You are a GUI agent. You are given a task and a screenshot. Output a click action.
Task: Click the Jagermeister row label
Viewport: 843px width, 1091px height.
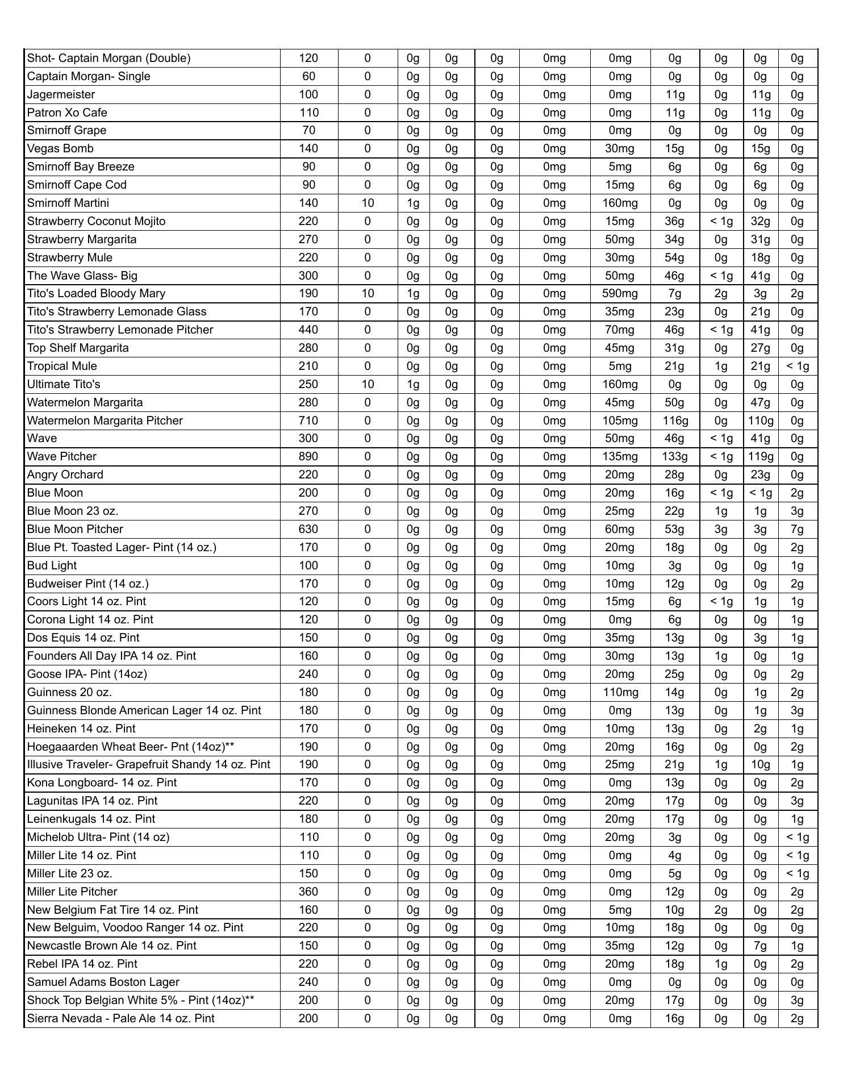[61, 94]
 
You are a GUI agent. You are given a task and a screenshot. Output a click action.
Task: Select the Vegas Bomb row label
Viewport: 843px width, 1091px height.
[60, 148]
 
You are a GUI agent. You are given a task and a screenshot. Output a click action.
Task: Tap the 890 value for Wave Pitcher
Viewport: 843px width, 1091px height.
[308, 456]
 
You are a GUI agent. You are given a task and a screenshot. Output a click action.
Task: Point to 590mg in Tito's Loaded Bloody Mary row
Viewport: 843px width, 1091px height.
[620, 293]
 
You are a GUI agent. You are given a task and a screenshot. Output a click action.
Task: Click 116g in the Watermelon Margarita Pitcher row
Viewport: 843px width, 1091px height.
[674, 420]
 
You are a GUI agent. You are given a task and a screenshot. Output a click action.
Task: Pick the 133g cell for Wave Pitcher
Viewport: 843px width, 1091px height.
[674, 456]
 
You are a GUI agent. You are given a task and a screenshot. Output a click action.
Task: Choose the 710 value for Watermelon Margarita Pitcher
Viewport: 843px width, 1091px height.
[308, 420]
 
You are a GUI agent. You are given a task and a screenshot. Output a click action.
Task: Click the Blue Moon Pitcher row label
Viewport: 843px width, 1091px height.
[75, 529]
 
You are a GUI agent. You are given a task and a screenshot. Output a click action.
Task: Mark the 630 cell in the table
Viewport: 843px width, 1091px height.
[308, 529]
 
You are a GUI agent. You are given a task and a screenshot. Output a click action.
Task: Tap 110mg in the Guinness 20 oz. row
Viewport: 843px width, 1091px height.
[620, 692]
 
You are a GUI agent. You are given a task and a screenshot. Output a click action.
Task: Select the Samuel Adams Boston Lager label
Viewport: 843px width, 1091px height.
[103, 982]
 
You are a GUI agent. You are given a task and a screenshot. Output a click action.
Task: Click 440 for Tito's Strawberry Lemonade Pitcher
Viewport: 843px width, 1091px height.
[308, 330]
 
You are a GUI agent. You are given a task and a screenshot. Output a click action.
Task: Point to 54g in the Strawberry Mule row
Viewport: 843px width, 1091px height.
[674, 257]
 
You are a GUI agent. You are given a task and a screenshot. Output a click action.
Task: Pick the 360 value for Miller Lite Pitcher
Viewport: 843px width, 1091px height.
[308, 892]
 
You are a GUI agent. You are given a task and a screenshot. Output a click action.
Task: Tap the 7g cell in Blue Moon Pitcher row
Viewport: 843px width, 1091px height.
[797, 529]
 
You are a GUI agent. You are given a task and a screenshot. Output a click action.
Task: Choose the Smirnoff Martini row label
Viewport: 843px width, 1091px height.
[68, 203]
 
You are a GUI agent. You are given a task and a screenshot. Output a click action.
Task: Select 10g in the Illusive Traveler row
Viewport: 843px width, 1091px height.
[760, 764]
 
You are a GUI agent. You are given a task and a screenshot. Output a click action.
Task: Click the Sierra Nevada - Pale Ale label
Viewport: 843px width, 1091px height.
[120, 1018]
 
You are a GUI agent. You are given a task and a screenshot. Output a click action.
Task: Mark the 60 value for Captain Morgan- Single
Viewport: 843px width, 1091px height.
[308, 76]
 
